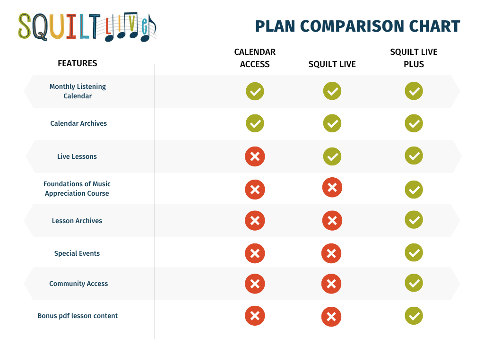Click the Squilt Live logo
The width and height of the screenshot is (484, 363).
[87, 27]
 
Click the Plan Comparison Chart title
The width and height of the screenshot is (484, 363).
[357, 26]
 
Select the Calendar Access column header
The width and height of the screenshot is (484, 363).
[255, 58]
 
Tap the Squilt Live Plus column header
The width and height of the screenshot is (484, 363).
[414, 58]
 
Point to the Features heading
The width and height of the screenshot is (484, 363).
[78, 63]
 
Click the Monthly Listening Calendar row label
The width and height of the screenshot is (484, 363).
[78, 91]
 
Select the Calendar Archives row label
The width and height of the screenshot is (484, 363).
[78, 123]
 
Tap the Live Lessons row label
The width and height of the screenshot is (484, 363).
[77, 156]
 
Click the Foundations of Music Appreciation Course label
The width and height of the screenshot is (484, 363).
[77, 189]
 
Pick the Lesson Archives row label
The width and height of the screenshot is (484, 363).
[77, 221]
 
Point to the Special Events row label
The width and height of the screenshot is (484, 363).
[77, 253]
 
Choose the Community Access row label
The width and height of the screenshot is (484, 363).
[78, 284]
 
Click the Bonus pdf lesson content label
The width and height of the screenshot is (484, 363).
[78, 316]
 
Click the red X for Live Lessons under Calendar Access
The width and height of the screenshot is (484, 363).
[255, 156]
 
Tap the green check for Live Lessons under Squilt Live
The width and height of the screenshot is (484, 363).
[332, 156]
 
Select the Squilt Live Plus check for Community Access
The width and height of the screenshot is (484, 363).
[414, 283]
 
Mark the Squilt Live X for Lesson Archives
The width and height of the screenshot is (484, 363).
[332, 220]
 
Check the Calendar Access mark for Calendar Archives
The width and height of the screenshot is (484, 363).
[255, 123]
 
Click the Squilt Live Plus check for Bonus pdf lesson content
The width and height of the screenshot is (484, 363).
[414, 315]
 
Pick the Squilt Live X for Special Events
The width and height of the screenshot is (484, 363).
[331, 253]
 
